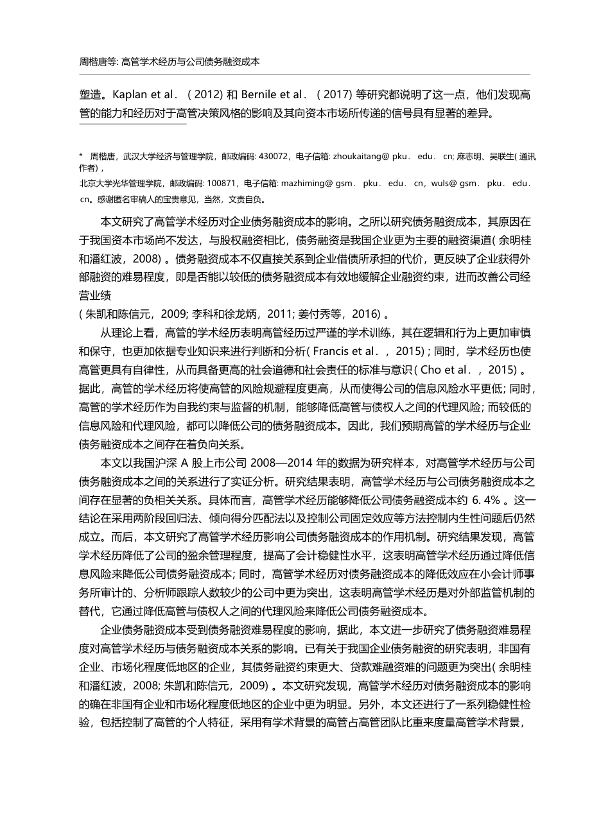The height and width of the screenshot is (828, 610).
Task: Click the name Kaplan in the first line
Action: pyautogui.click(x=130, y=94)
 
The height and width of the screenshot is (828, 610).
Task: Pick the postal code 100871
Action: pyautogui.click(x=220, y=184)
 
